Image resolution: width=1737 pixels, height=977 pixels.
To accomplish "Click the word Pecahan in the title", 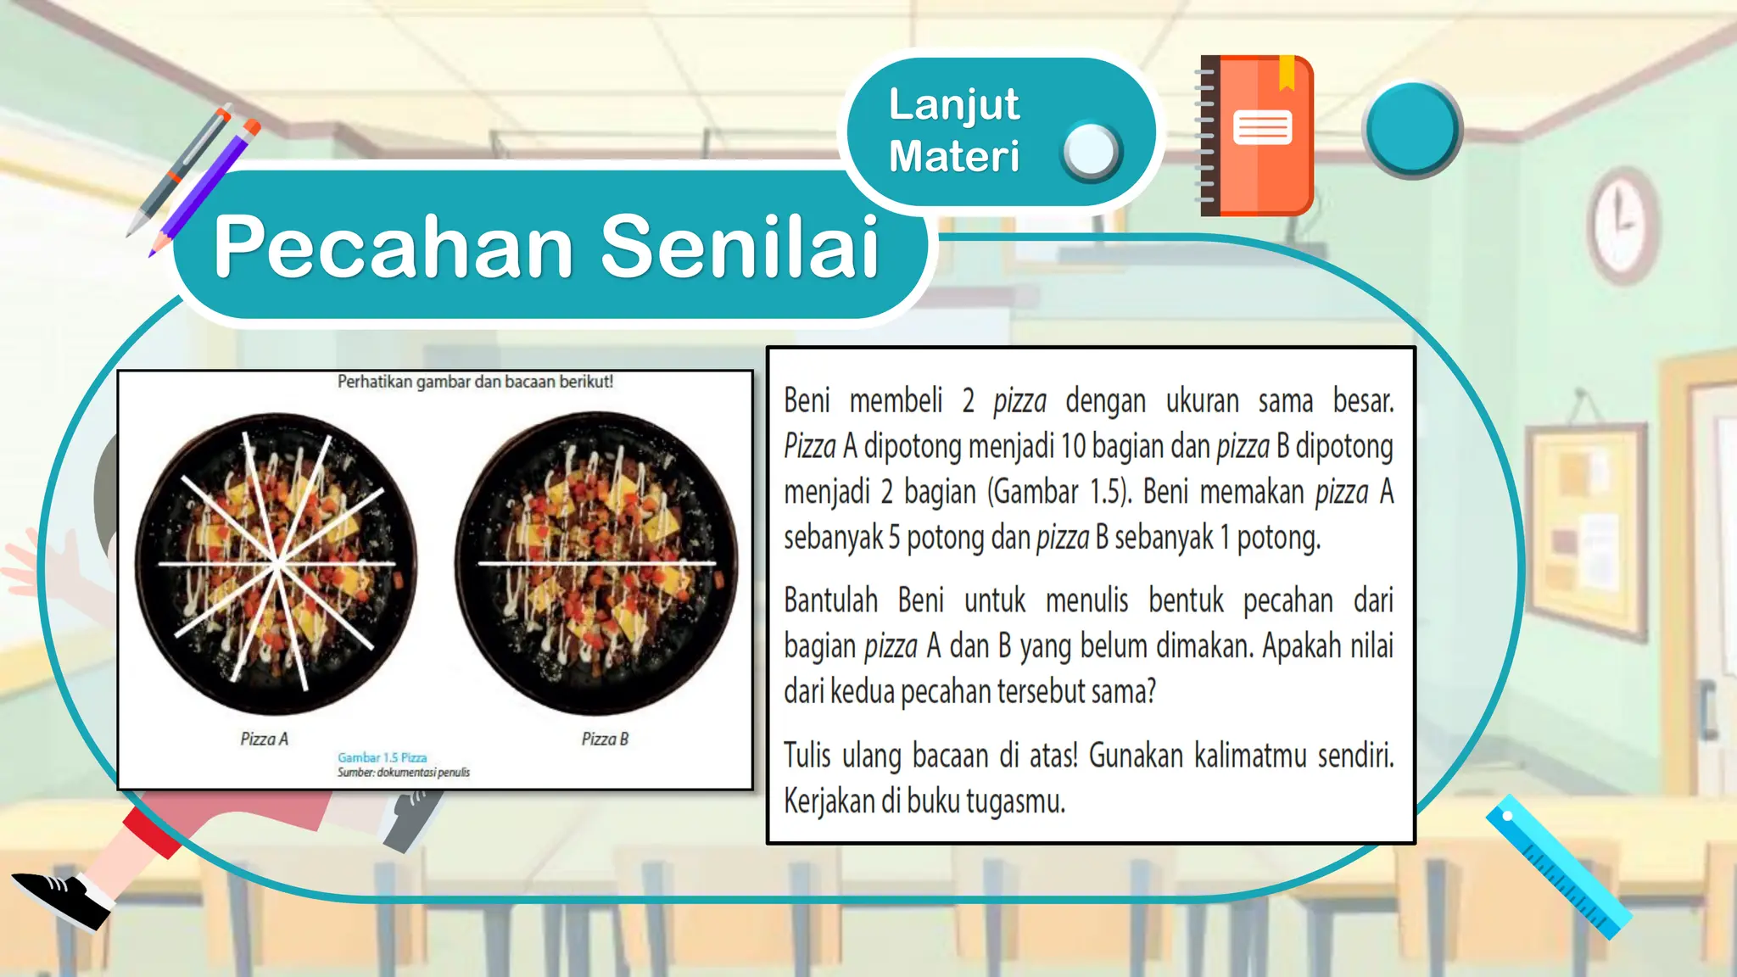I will [394, 247].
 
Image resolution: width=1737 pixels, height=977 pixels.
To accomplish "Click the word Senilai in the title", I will [740, 247].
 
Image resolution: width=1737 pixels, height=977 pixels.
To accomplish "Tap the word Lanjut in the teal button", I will [953, 105].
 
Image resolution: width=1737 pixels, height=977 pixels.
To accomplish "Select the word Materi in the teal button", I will [953, 157].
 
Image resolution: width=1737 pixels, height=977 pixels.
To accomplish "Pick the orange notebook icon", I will [1257, 136].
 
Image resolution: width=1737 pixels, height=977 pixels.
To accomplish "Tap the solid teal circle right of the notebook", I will [1411, 129].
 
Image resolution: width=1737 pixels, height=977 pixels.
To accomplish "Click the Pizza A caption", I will [264, 740].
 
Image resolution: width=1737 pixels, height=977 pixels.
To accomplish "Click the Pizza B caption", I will [605, 740].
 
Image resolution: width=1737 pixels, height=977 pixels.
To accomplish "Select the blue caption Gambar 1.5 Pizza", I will [382, 757].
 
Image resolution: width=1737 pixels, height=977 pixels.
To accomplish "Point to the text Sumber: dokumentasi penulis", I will [403, 773].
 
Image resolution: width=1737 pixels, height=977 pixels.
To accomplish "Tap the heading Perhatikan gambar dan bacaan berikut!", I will [475, 382].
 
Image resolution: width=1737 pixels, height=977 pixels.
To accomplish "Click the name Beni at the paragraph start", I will [807, 401].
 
